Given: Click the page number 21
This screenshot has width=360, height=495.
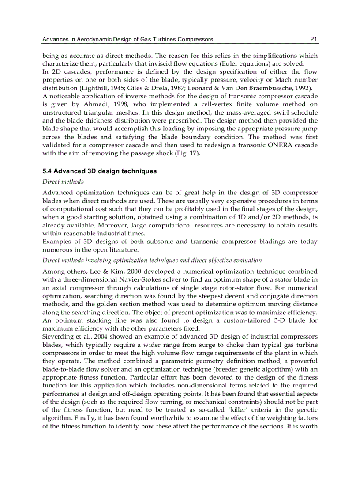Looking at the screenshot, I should coord(314,39).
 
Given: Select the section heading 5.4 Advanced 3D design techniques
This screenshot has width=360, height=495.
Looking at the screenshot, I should coord(99,171).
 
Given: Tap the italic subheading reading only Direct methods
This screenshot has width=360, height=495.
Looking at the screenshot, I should coord(63,182).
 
